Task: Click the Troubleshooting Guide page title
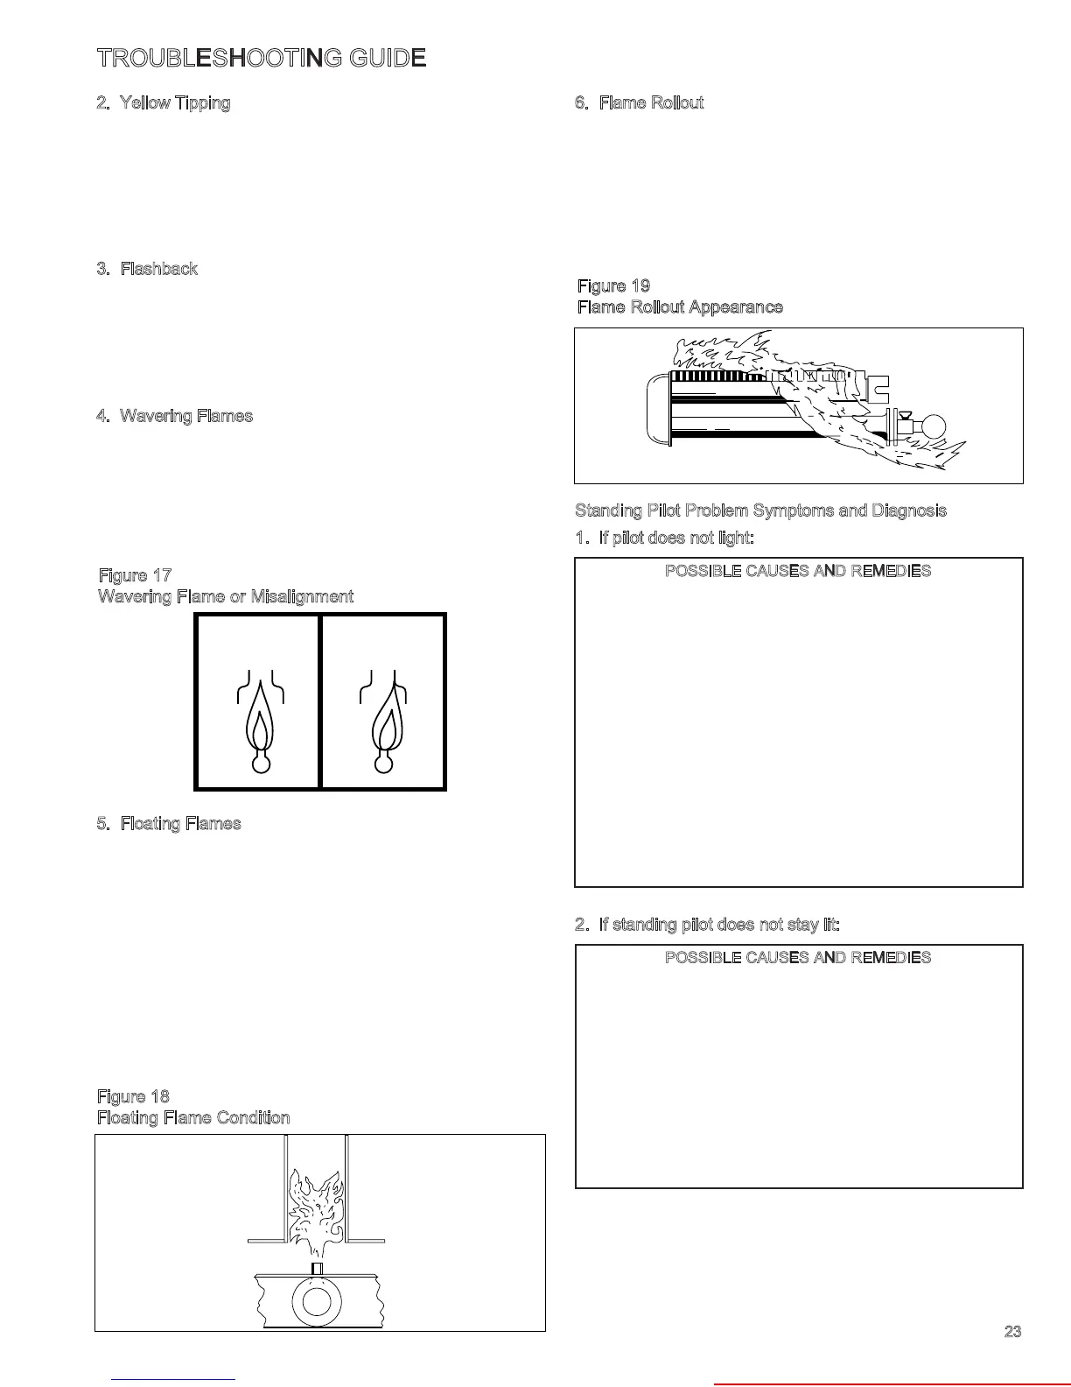[x=262, y=59]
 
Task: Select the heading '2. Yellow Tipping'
[x=164, y=103]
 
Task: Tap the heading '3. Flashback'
[x=147, y=269]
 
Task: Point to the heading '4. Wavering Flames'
[x=174, y=416]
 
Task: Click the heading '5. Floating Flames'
[x=168, y=824]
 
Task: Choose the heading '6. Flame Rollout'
[x=639, y=103]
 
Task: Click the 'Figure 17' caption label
[x=135, y=575]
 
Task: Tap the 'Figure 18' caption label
[x=133, y=1096]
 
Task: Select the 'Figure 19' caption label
[x=613, y=286]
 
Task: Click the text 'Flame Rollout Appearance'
[x=680, y=307]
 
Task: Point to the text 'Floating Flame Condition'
[x=192, y=1118]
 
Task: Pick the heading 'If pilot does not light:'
[x=664, y=538]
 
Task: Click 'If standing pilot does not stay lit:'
[x=707, y=925]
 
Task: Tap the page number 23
[x=1012, y=1332]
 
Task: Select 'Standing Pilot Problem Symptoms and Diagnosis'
[x=760, y=510]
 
